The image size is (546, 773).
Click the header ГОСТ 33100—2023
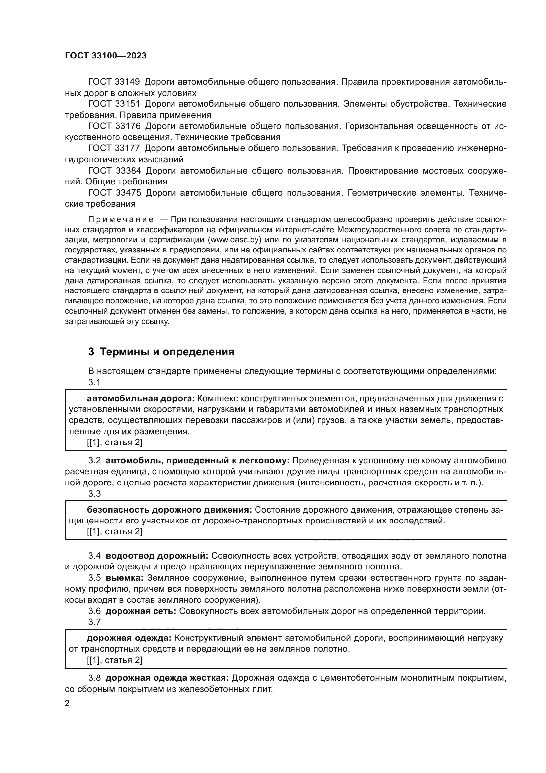[x=106, y=56]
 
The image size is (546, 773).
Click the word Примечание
[x=121, y=220]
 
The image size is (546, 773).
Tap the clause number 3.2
[x=94, y=461]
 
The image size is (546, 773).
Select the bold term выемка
[x=124, y=578]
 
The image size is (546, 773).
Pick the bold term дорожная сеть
[x=141, y=611]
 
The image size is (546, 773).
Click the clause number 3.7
[x=94, y=622]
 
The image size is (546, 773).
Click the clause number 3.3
[x=94, y=494]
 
